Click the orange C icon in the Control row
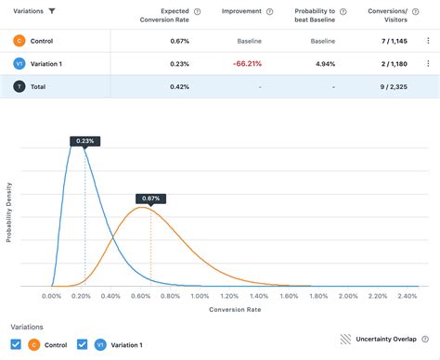point(19,41)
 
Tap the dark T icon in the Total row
point(19,86)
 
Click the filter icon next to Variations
point(52,11)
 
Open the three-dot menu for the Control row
point(427,41)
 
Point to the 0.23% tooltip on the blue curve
point(84,140)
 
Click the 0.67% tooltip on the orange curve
point(150,199)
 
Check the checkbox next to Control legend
point(16,344)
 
